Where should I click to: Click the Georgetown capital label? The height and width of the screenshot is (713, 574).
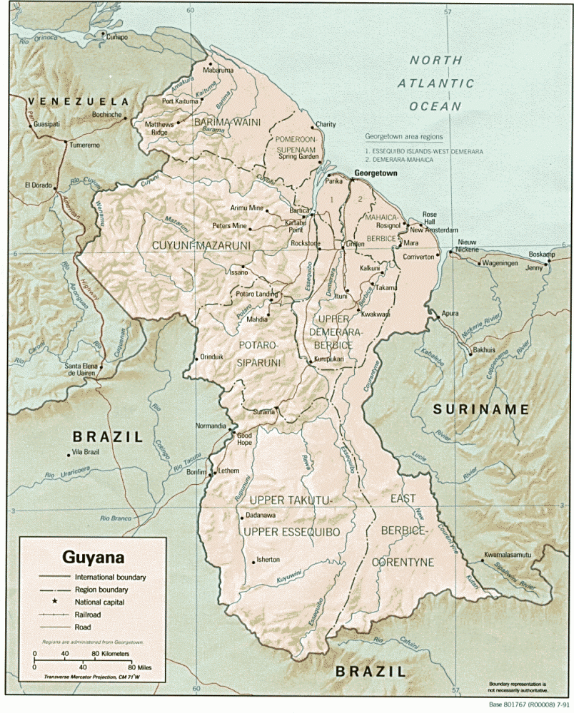point(377,173)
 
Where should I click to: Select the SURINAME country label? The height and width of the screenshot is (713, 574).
point(481,409)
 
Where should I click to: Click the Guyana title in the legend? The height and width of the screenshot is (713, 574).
point(94,556)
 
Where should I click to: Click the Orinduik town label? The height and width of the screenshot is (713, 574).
point(213,356)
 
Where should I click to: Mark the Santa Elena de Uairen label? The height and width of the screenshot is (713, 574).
point(81,370)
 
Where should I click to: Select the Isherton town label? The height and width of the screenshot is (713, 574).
point(267,560)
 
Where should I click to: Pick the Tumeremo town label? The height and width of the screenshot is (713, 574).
point(84,145)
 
